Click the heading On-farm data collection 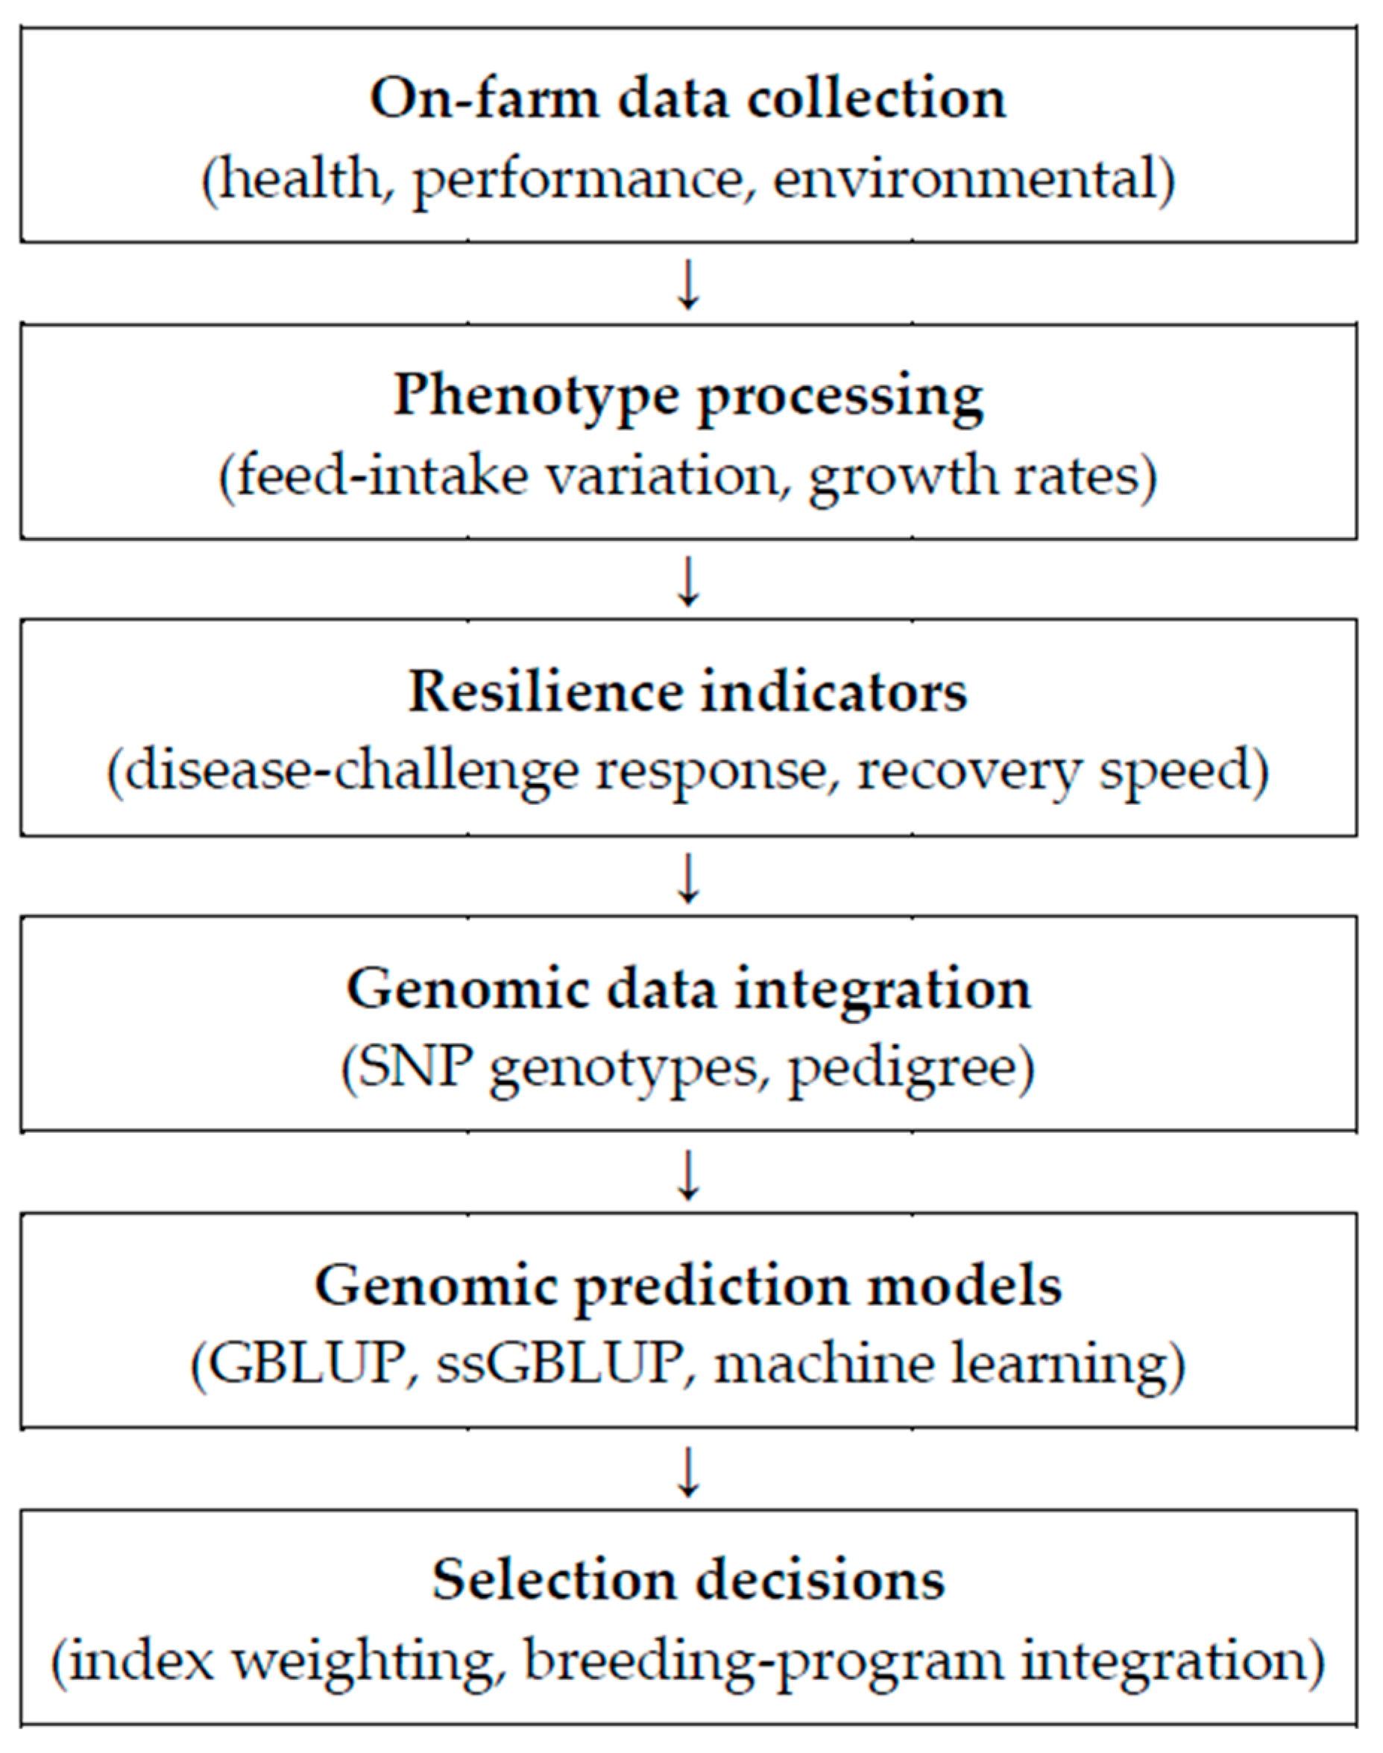(687, 98)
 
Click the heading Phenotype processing (687, 397)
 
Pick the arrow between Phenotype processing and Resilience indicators (688, 581)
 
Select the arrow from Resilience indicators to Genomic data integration (688, 877)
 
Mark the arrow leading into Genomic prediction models (688, 1175)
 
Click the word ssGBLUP (558, 1364)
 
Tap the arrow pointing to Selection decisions (688, 1471)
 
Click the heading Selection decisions (687, 1581)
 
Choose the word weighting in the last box (364, 1661)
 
